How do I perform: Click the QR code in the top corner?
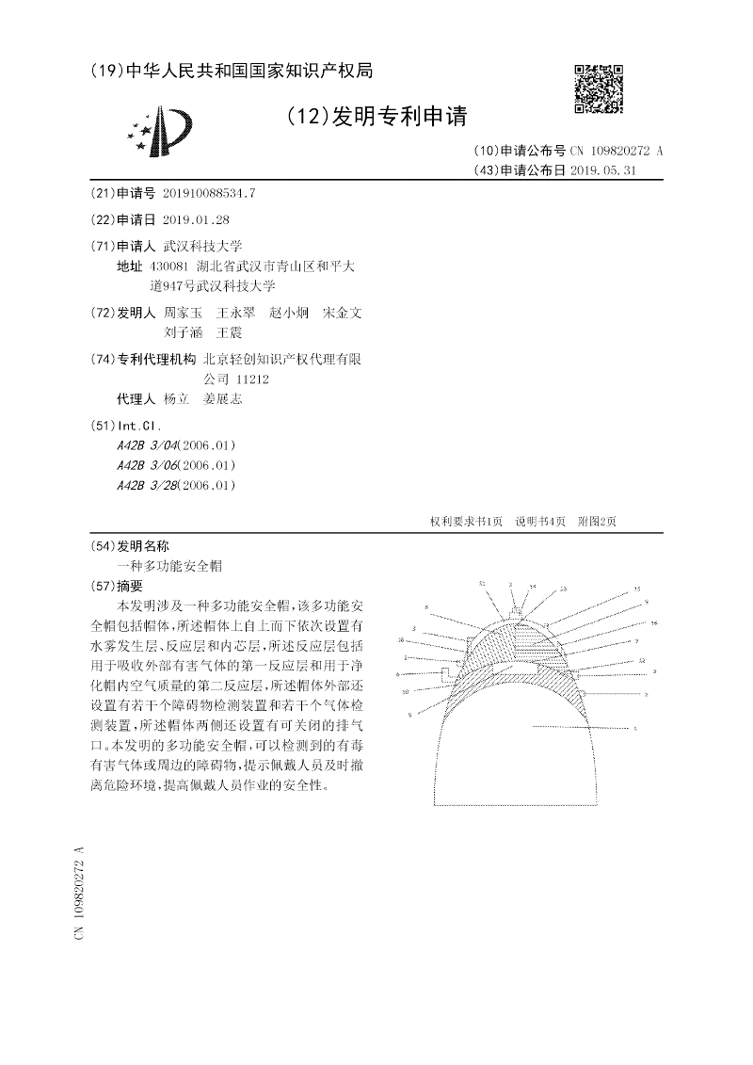[x=599, y=89]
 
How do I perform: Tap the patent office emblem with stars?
[x=159, y=132]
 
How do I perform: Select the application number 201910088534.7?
[x=209, y=193]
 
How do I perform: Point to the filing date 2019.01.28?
[x=197, y=219]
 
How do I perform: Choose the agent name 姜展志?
[x=223, y=399]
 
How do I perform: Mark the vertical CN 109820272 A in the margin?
[x=80, y=892]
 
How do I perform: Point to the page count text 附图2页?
[x=597, y=522]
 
